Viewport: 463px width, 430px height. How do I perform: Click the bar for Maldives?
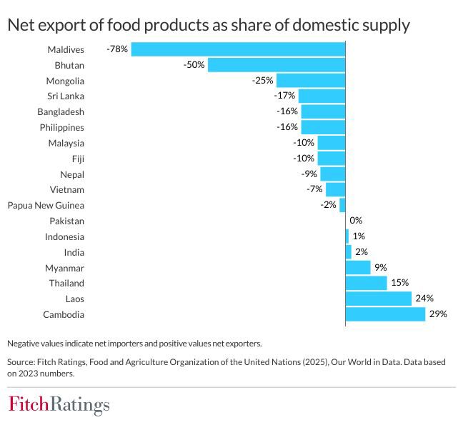[x=238, y=49]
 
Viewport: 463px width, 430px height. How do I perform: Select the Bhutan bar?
[x=277, y=65]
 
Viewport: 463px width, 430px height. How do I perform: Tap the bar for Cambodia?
[x=385, y=314]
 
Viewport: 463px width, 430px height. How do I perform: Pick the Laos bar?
[x=378, y=299]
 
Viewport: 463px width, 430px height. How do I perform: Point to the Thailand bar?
[x=366, y=283]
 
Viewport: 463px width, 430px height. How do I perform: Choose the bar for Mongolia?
[x=311, y=81]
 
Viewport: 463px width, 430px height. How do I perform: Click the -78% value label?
[x=116, y=49]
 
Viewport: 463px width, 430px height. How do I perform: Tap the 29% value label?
[x=437, y=314]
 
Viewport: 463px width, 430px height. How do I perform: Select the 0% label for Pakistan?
[x=356, y=221]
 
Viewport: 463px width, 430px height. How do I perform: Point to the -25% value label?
[x=263, y=81]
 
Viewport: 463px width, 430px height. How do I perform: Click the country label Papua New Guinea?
[x=46, y=206]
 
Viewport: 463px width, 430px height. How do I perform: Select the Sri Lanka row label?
[x=65, y=96]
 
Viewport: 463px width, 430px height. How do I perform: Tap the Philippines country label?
[x=61, y=127]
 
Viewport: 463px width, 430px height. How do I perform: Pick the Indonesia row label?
[x=64, y=236]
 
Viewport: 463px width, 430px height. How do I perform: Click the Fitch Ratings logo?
[x=59, y=406]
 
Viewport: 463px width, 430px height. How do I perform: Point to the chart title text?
[x=209, y=25]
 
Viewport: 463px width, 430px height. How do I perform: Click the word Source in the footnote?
[x=22, y=361]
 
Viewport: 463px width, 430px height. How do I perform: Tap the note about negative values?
[x=135, y=342]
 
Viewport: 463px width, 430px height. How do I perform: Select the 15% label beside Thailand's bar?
[x=399, y=283]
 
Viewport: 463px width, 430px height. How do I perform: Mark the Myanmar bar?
[x=358, y=268]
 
